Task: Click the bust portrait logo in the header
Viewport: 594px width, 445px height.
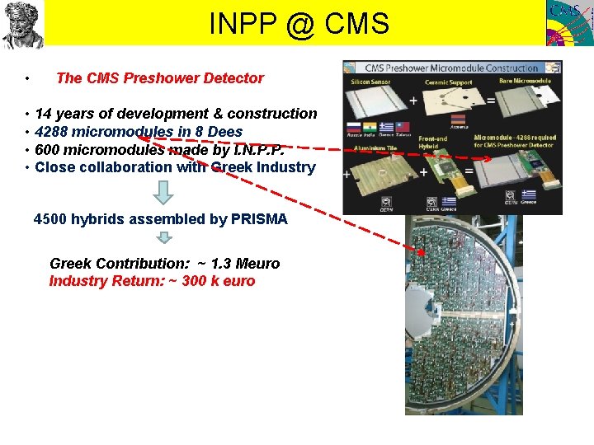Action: [x=22, y=24]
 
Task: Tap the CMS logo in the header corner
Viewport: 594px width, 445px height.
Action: [x=569, y=23]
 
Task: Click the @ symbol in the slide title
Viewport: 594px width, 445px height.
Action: [x=301, y=24]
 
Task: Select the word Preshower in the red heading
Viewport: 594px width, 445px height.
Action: [x=156, y=78]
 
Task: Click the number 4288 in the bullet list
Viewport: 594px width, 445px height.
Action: [x=53, y=132]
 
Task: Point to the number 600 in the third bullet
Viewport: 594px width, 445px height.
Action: [x=47, y=150]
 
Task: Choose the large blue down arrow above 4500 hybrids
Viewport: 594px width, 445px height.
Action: [x=165, y=192]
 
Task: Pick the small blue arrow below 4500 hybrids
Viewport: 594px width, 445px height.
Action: [x=165, y=238]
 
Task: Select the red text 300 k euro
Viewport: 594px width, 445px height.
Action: [x=219, y=281]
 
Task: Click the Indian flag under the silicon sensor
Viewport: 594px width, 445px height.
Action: [x=370, y=127]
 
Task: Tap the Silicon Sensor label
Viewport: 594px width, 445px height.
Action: [x=371, y=82]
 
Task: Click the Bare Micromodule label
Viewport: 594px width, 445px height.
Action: [x=526, y=81]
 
